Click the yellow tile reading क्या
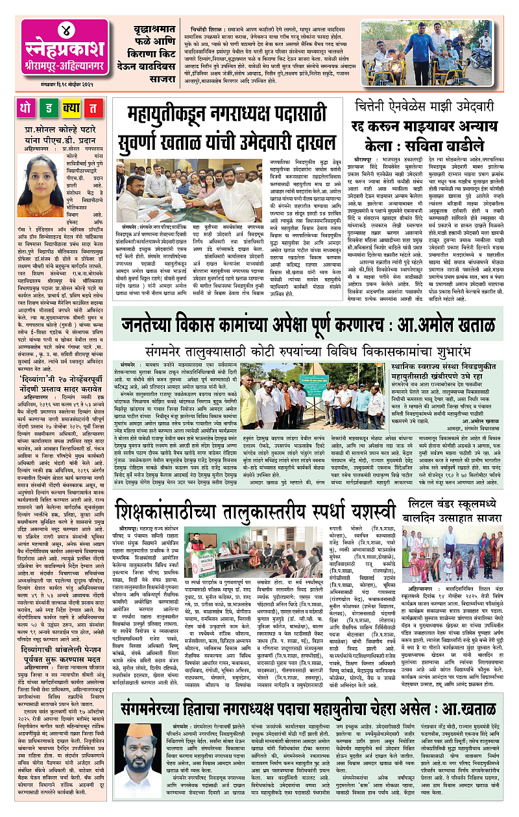tap(72, 108)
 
